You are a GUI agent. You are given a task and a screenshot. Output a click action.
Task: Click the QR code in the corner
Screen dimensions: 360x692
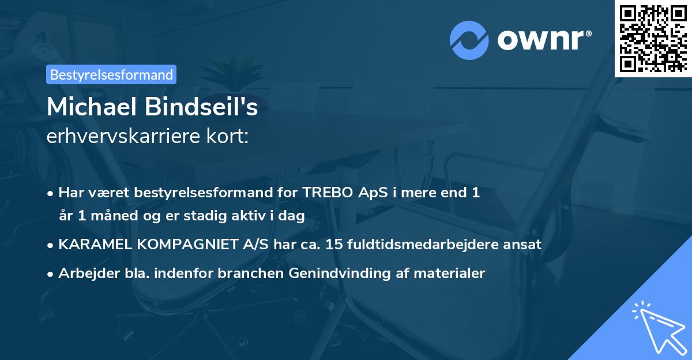click(653, 38)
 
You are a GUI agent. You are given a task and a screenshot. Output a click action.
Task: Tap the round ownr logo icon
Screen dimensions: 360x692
click(469, 41)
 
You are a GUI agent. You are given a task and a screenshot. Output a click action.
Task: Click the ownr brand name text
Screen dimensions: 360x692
click(543, 41)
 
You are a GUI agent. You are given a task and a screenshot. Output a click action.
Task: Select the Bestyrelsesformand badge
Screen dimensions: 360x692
click(111, 74)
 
